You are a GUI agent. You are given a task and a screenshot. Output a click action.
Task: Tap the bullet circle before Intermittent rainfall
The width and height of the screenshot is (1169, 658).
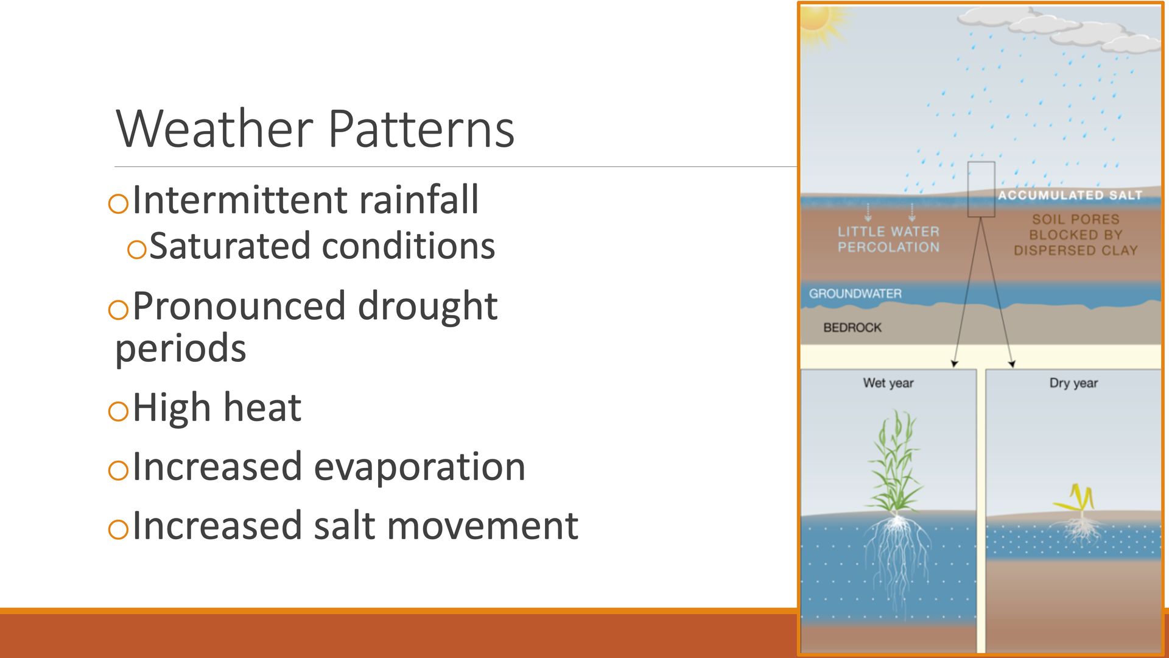pos(118,203)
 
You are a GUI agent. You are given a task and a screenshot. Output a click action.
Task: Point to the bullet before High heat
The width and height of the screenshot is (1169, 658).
pos(118,411)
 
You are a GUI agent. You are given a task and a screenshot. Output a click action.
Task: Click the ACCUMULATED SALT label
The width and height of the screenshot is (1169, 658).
pos(1070,195)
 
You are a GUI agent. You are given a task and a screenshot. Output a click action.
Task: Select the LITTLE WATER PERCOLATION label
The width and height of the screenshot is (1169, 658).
pos(888,239)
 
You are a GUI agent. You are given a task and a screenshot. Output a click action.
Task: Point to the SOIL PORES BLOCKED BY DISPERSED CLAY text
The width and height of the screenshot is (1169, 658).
pos(1076,235)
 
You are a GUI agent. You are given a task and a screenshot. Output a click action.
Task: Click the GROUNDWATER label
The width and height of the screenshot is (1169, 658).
pos(855,294)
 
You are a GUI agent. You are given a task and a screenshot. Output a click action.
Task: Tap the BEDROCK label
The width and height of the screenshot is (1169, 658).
pos(852,328)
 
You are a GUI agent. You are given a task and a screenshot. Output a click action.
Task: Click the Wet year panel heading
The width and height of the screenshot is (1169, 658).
pos(888,383)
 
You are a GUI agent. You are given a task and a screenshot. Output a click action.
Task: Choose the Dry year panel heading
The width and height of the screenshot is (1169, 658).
pos(1073,383)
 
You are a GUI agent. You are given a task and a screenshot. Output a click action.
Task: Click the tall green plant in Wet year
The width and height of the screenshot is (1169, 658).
pos(896,463)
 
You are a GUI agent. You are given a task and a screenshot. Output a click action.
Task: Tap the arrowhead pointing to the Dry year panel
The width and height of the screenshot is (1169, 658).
pos(1011,364)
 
